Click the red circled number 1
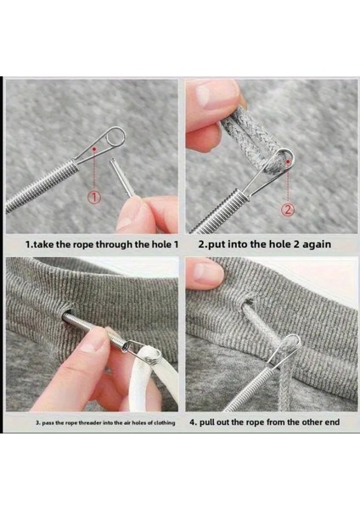[94, 197]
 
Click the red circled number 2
[288, 210]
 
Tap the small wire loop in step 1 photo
[116, 137]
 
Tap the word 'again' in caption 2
[317, 244]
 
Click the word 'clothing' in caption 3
[165, 422]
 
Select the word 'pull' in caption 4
[206, 422]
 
